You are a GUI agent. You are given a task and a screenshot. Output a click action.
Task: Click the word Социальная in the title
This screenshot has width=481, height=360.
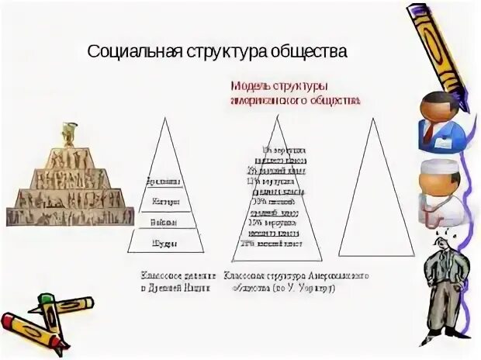pos(133,52)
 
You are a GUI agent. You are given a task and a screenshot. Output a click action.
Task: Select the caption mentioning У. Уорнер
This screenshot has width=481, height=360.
pos(295,281)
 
